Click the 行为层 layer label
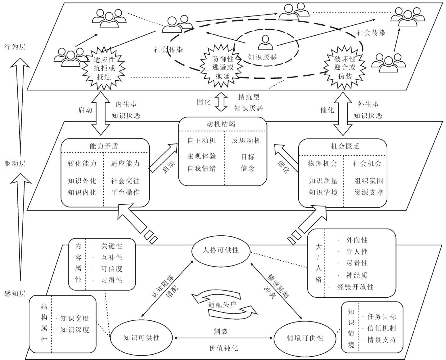tap(15, 47)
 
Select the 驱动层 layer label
tap(15, 164)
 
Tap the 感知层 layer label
tap(15, 293)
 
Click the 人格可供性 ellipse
tap(221, 250)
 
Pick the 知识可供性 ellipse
tap(142, 338)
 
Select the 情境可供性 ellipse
tap(305, 338)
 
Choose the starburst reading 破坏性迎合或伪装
tap(345, 67)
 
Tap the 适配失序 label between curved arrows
tap(223, 304)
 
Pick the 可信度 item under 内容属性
tap(111, 269)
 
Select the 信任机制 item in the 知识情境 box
tap(381, 328)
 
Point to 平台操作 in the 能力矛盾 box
tap(125, 192)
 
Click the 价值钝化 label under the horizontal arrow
tap(223, 348)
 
